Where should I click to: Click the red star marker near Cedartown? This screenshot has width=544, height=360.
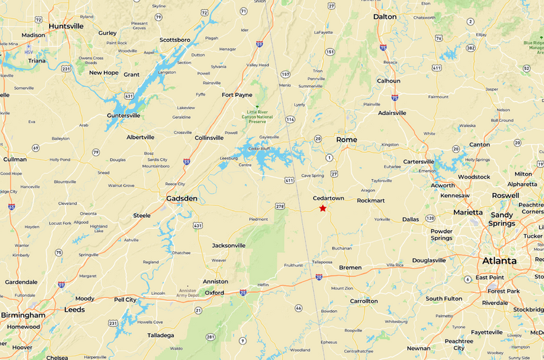[322, 208]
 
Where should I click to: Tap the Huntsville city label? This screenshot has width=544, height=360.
[66, 26]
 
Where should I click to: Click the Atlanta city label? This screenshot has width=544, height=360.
[499, 261]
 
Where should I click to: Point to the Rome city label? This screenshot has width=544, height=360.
[347, 139]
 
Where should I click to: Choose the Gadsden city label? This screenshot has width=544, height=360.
[182, 199]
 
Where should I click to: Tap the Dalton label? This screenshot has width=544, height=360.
[385, 16]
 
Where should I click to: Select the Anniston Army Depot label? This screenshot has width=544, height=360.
[177, 291]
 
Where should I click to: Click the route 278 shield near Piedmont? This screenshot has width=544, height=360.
[280, 207]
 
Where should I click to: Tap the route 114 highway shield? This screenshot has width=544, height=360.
[290, 119]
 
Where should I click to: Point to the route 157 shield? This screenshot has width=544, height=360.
[285, 74]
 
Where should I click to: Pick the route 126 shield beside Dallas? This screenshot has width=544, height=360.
[430, 218]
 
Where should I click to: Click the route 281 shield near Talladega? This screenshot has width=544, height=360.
[211, 336]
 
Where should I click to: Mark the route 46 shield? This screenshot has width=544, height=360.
[298, 308]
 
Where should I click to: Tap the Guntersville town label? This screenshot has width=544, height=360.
[123, 115]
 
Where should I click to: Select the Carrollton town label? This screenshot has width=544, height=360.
[364, 301]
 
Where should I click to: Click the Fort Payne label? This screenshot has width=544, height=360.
[237, 95]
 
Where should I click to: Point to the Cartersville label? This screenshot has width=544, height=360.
[419, 161]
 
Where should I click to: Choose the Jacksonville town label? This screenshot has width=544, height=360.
[228, 246]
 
